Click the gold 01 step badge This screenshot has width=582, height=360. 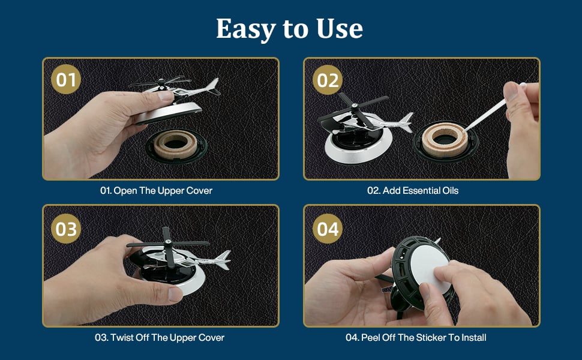click(x=66, y=79)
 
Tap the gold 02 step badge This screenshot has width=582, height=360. click(x=328, y=80)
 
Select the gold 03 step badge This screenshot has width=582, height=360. click(x=66, y=229)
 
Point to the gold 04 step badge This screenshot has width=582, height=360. click(x=328, y=229)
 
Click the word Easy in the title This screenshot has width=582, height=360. click(x=246, y=29)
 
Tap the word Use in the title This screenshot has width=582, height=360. click(x=340, y=29)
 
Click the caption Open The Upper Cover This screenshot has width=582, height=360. click(x=163, y=191)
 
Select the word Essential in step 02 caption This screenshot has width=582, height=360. click(x=421, y=191)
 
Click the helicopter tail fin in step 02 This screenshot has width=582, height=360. click(x=406, y=122)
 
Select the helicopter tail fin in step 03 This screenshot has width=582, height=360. click(x=223, y=259)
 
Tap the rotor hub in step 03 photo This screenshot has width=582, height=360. click(x=167, y=243)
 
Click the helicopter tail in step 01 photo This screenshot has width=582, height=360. click(x=211, y=87)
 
